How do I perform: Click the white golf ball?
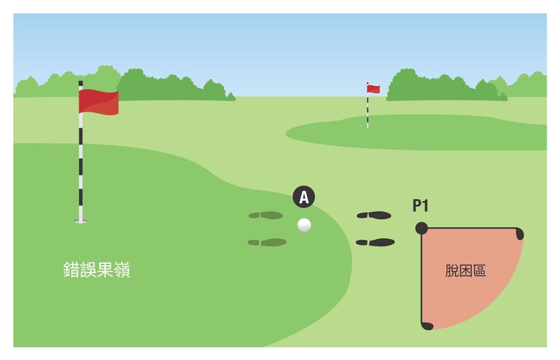(x=304, y=224)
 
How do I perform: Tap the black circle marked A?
(x=303, y=197)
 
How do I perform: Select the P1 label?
(x=420, y=206)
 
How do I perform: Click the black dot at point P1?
(x=421, y=228)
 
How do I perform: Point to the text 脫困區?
(x=465, y=270)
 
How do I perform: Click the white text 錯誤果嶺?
(x=96, y=270)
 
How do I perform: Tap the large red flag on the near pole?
(x=98, y=102)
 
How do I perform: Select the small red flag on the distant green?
(x=373, y=89)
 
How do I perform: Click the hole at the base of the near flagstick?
(x=81, y=222)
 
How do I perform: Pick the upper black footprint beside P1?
(x=374, y=215)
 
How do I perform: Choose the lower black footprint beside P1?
(x=375, y=242)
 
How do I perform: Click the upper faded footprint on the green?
(x=265, y=215)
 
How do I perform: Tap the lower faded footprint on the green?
(x=267, y=242)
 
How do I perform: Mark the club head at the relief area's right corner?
(x=520, y=234)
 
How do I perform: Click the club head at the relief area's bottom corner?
(x=427, y=326)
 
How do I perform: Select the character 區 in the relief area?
(x=480, y=270)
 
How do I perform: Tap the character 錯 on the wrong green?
(x=71, y=270)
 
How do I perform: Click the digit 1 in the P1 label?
(x=424, y=206)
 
